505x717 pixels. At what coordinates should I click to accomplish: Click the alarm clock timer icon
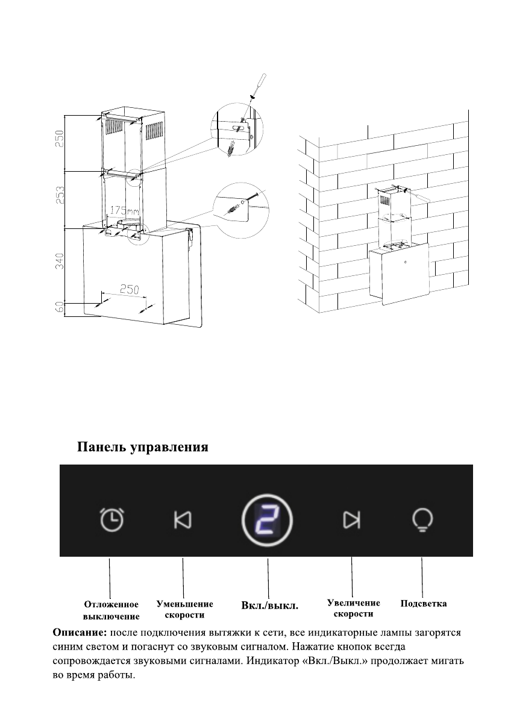click(112, 519)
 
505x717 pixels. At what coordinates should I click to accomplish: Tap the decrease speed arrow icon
click(183, 519)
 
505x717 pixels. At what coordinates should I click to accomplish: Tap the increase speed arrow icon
click(351, 519)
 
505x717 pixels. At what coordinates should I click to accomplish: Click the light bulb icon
click(422, 519)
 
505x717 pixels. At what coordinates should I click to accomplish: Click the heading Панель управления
click(142, 447)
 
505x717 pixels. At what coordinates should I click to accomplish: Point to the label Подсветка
click(424, 603)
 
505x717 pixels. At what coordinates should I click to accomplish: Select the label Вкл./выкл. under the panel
click(270, 605)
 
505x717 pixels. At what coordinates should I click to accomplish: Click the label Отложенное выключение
click(111, 610)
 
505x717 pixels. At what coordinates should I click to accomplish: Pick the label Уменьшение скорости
click(184, 609)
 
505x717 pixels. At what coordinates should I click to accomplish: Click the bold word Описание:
click(80, 633)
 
